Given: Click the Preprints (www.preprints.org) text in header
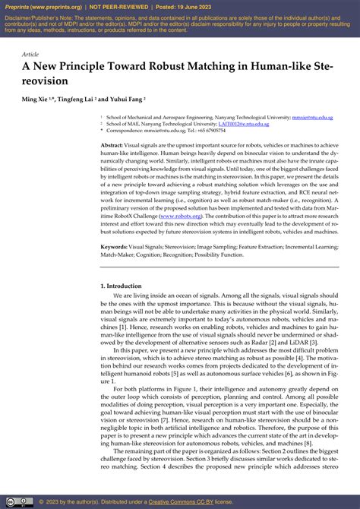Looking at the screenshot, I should click(44, 5).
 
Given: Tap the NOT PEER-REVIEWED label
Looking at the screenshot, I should click(119, 5).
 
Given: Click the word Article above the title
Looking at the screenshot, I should click(30, 55).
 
